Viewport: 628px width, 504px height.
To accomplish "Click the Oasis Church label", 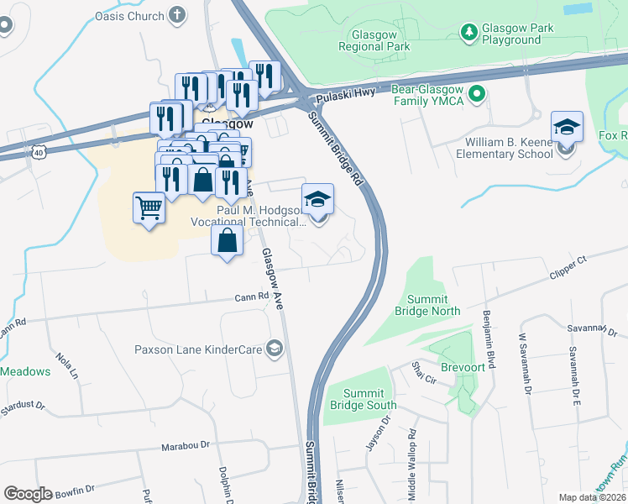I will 128,15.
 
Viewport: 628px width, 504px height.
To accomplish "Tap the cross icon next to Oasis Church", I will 176,14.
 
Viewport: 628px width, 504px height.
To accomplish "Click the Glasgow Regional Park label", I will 374,41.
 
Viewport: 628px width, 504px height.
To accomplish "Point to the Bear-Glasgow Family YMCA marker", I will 478,94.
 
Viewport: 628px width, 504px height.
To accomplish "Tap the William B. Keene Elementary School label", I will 505,148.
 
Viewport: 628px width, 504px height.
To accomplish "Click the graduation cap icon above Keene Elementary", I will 568,128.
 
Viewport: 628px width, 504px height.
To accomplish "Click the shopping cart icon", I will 149,207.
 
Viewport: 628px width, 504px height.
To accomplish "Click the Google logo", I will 28,494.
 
